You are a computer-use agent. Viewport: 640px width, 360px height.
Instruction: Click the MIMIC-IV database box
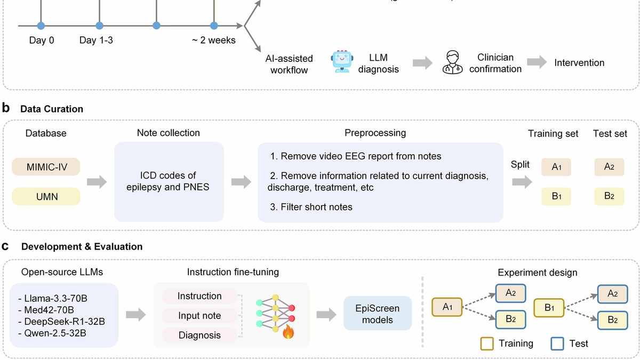(x=46, y=166)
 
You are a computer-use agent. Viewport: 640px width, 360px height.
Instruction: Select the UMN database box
(x=46, y=196)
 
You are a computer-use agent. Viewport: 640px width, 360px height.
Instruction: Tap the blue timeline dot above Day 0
(x=41, y=26)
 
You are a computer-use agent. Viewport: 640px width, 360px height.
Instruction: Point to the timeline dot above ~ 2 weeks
(x=214, y=26)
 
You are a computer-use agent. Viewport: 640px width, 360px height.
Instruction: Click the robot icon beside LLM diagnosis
(x=342, y=61)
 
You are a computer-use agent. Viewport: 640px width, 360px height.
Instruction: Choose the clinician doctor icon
(x=453, y=62)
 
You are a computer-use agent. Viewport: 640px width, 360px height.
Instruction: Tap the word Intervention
(x=579, y=62)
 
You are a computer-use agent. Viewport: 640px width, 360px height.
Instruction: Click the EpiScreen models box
(x=378, y=313)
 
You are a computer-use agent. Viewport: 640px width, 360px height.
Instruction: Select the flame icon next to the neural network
(x=289, y=332)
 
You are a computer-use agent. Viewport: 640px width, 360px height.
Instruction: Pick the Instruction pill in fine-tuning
(x=199, y=296)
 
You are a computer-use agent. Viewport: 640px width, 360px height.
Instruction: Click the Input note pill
(x=199, y=315)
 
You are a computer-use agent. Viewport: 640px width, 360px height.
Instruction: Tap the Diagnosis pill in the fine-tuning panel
(x=199, y=335)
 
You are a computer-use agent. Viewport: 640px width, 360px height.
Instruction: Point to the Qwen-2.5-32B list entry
(x=52, y=333)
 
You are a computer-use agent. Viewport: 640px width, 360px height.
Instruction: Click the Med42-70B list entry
(x=46, y=310)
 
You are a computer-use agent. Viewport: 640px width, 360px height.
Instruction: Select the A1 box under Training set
(x=556, y=167)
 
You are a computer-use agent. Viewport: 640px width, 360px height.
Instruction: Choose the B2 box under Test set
(x=609, y=196)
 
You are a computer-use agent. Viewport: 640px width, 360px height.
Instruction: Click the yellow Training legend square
(x=487, y=343)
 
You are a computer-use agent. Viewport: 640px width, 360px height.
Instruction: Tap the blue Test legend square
(x=557, y=343)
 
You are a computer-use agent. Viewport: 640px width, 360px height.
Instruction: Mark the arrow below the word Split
(x=522, y=182)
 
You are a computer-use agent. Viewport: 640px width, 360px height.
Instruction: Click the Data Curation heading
(x=52, y=109)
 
